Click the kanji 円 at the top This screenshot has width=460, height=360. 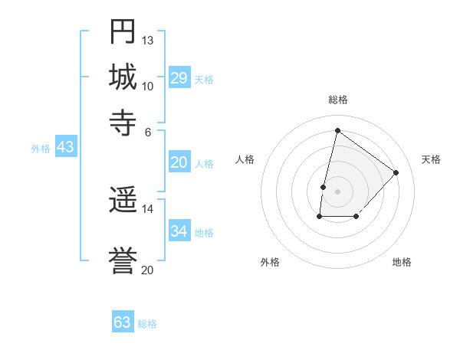[x=123, y=31]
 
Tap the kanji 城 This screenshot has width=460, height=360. [x=123, y=77]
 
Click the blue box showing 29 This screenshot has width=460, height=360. [x=179, y=78]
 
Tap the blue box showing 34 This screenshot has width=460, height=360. [x=179, y=231]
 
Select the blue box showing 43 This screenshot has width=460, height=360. [x=65, y=147]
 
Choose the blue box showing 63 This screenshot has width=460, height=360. [x=123, y=322]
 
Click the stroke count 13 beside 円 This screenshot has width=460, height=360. [x=148, y=40]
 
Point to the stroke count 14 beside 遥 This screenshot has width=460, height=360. [x=148, y=208]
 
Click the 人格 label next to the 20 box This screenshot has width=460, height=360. [x=204, y=164]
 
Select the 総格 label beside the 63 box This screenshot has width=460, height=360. [x=147, y=324]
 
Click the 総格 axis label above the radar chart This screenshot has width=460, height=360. [x=337, y=100]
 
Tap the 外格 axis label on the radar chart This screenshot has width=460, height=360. [x=270, y=262]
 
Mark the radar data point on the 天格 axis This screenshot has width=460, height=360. [x=396, y=172]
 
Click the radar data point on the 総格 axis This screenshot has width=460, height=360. [x=337, y=131]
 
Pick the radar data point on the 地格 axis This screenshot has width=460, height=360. [x=356, y=218]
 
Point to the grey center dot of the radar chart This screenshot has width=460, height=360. [x=337, y=191]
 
